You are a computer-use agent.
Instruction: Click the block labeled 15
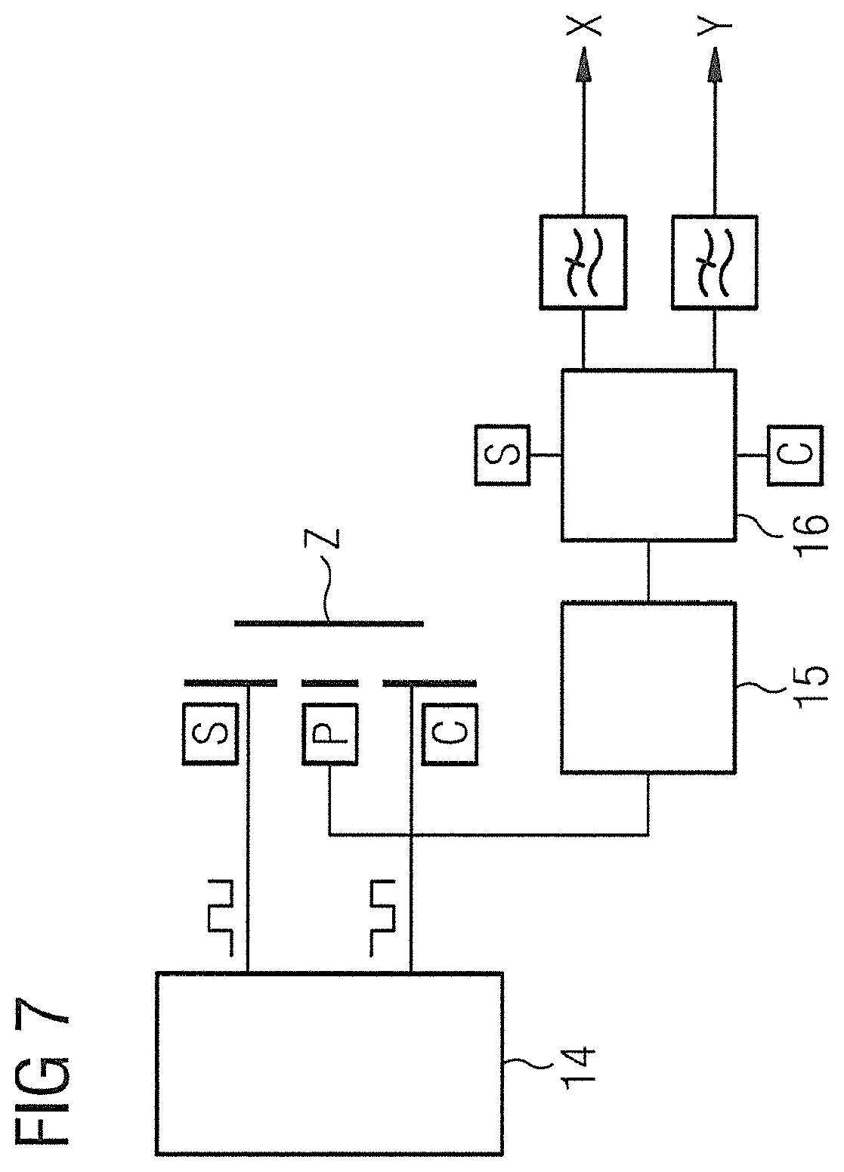[x=648, y=688]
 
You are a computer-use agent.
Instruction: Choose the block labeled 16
[x=649, y=455]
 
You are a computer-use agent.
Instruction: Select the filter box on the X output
[x=583, y=261]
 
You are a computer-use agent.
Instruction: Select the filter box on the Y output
[x=714, y=261]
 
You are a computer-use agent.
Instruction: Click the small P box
[x=330, y=734]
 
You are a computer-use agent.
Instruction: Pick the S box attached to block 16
[x=502, y=455]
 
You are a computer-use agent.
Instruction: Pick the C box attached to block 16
[x=795, y=455]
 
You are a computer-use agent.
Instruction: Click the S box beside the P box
[x=210, y=734]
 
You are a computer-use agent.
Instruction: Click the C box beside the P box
[x=450, y=734]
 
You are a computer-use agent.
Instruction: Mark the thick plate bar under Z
[x=329, y=623]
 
